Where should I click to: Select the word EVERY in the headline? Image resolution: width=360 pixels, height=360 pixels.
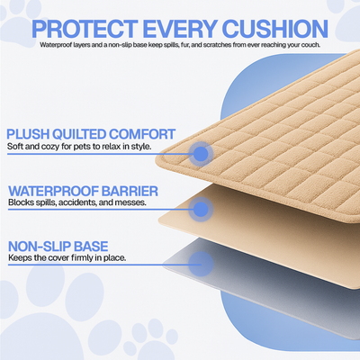[182, 25]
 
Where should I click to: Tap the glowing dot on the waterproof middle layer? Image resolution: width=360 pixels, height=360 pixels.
[201, 209]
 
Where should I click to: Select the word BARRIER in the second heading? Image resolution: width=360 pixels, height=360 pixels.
[135, 191]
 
